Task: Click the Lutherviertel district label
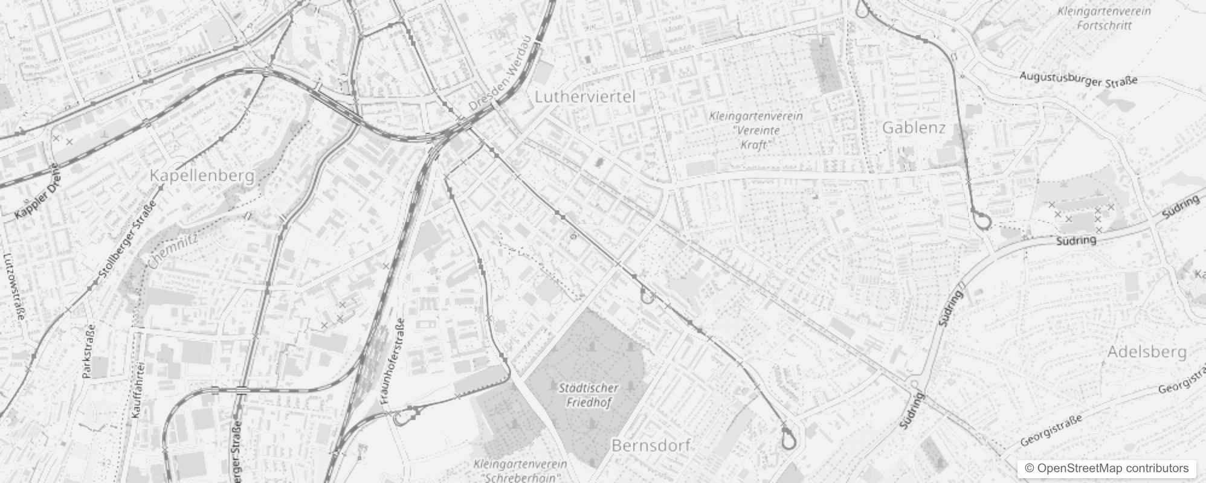585,97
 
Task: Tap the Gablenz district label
914,128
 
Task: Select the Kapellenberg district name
202,176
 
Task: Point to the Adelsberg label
1146,352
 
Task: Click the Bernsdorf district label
651,446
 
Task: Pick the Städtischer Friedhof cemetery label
588,395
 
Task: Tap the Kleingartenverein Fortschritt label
1104,18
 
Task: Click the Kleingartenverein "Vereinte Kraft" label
756,130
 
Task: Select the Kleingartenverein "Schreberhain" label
520,471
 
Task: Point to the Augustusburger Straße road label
1078,79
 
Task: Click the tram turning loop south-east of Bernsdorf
788,440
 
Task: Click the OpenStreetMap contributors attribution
1105,469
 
